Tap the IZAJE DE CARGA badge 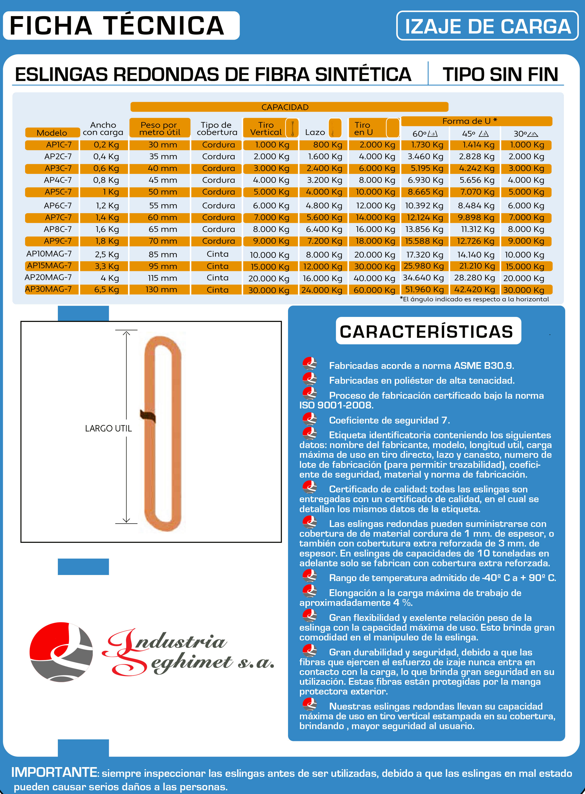click(x=487, y=26)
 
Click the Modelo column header click(x=52, y=133)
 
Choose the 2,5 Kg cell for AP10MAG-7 click(x=106, y=255)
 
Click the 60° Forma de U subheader click(x=425, y=134)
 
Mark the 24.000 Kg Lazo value click(x=322, y=290)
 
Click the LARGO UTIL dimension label click(x=108, y=428)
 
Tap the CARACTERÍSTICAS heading click(x=426, y=331)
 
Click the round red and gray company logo click(x=61, y=652)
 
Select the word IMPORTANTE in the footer click(x=54, y=772)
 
